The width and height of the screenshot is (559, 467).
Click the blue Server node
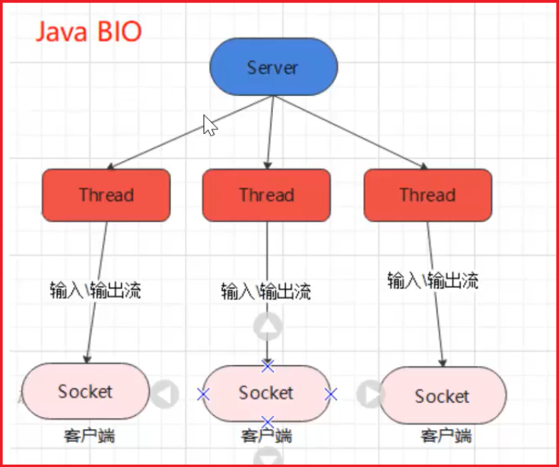pos(273,68)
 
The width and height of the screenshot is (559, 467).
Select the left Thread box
pos(106,195)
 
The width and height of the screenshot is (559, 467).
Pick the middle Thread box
pos(266,195)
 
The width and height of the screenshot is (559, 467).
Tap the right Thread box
pos(427,195)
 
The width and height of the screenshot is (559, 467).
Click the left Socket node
pos(85,392)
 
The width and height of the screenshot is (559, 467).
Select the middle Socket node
pos(266,393)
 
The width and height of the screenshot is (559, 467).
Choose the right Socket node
pos(443,396)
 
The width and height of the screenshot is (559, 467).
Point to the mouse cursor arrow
pos(209,125)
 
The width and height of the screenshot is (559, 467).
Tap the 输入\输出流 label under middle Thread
pos(265,291)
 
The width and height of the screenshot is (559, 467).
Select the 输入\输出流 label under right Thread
pos(433,280)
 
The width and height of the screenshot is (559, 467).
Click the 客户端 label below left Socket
pos(89,437)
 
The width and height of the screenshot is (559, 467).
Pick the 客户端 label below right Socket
pos(446,437)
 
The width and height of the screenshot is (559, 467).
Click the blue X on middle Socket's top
pos(267,366)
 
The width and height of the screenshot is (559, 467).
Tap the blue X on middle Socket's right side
pos(330,394)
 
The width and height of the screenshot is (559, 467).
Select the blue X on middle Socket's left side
pos(203,394)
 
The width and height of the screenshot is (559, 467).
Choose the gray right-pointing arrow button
pos(370,394)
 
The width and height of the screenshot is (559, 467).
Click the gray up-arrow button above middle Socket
pos(268,328)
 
